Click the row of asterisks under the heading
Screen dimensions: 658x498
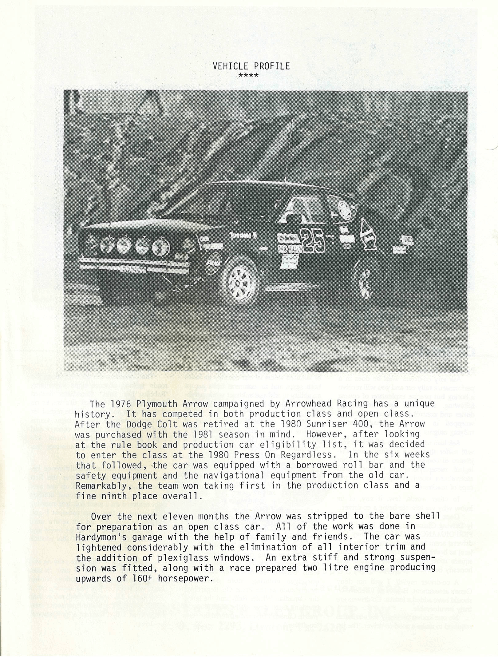[x=248, y=75]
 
